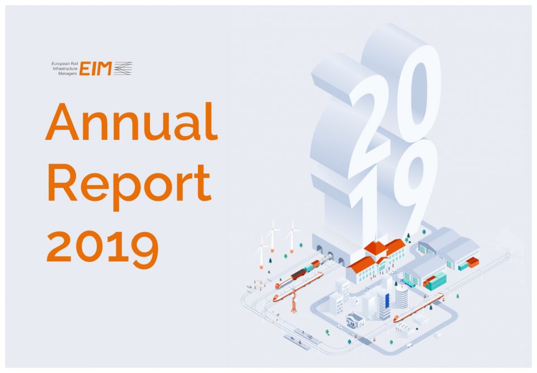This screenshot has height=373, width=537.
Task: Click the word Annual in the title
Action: click(x=131, y=121)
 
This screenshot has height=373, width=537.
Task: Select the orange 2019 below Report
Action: click(x=102, y=247)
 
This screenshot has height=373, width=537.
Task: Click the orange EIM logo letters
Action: click(x=96, y=68)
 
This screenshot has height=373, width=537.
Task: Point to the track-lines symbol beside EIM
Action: click(x=123, y=68)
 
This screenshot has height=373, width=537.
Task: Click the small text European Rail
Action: click(x=65, y=64)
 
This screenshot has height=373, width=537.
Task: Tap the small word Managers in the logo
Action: click(x=68, y=74)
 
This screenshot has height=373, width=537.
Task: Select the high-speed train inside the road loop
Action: click(x=418, y=307)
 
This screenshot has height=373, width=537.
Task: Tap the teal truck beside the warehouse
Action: click(x=409, y=282)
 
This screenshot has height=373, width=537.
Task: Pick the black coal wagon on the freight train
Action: click(x=298, y=273)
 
